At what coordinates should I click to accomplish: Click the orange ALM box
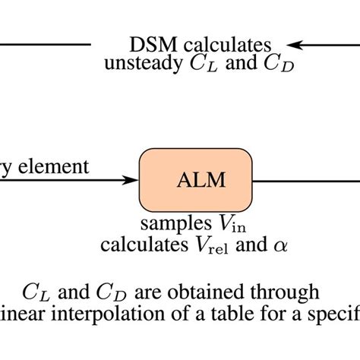195,180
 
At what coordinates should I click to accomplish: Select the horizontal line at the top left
45,44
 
